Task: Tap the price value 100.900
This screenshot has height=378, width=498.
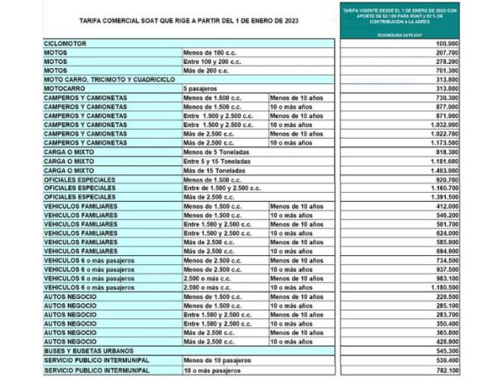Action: pos(469,42)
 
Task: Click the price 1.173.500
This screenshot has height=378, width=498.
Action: pos(466,142)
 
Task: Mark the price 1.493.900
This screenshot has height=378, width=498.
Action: pos(466,169)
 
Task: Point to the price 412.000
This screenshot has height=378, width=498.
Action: pos(469,205)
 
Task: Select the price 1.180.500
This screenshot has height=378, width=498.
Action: pos(466,287)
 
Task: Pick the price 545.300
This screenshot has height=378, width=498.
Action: pos(469,351)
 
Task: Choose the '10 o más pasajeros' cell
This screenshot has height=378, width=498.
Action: pos(212,369)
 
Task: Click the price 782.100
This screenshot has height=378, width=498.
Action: pos(469,369)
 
